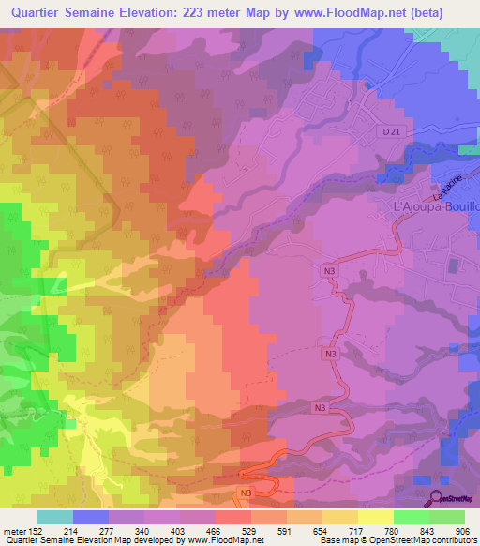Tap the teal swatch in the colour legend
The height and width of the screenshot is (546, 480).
(55, 517)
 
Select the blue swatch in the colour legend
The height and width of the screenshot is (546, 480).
(91, 517)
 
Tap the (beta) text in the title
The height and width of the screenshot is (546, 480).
(446, 12)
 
